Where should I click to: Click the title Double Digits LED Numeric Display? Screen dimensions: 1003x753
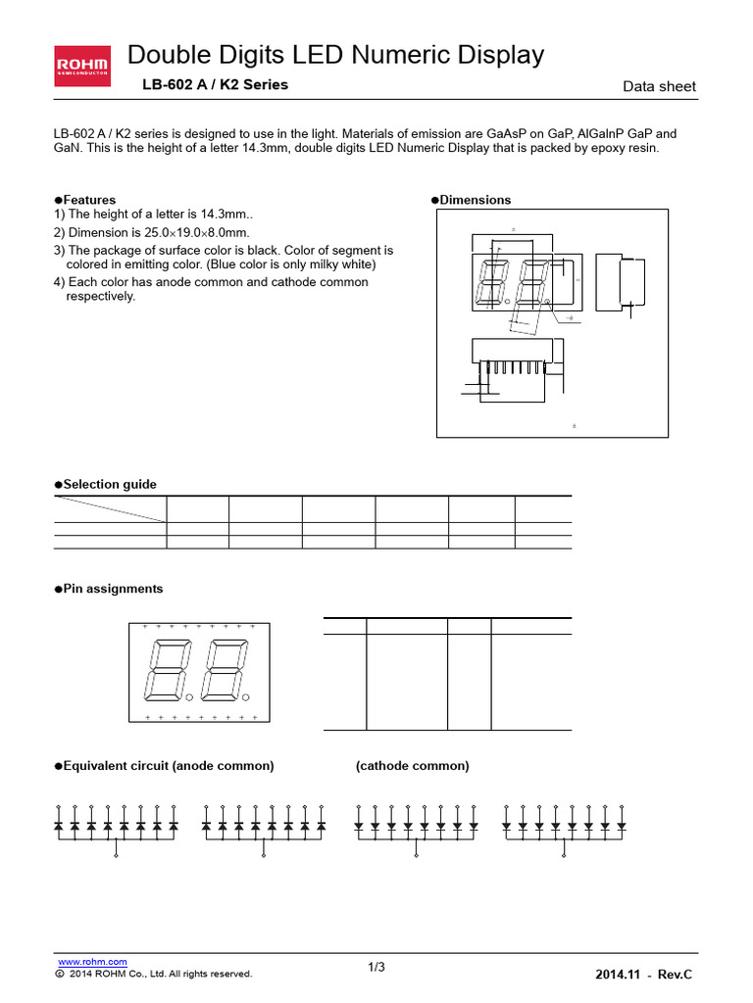pos(335,56)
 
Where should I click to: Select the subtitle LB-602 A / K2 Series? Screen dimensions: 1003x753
pos(216,85)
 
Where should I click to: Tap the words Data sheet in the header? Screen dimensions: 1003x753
pos(659,86)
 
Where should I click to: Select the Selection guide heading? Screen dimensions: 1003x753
pos(105,485)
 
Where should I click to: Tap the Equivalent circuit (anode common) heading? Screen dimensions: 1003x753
pos(164,765)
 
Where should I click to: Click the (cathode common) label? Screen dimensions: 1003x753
pos(412,765)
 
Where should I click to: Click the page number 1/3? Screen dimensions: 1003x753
pos(376,968)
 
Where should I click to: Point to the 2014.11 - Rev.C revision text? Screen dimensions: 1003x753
pos(643,974)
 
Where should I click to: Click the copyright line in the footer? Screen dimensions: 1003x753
pos(154,974)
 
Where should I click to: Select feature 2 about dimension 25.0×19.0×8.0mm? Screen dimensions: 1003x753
pos(152,232)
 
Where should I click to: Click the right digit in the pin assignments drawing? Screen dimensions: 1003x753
pos(222,672)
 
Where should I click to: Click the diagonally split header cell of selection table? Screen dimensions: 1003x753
pos(110,508)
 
